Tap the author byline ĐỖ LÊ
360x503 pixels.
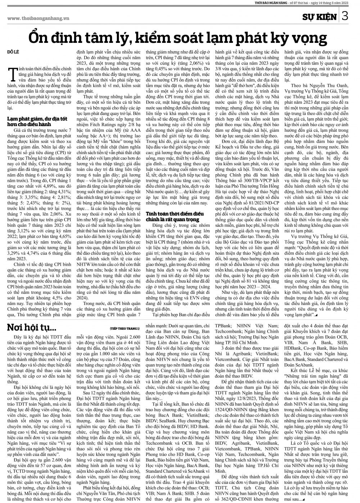click(13, 53)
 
